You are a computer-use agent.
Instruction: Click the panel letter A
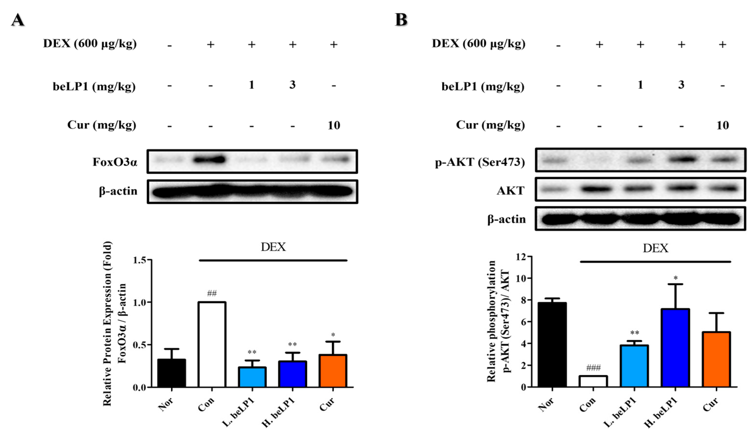[18, 20]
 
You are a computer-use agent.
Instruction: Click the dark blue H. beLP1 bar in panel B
[675, 348]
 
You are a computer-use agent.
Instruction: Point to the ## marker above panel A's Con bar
[212, 293]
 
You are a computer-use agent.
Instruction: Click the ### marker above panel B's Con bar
[593, 368]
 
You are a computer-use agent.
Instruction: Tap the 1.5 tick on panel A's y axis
[139, 260]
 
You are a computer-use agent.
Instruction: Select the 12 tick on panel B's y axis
[521, 257]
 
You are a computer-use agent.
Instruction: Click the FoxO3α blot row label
[115, 162]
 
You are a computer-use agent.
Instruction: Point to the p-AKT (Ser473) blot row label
[480, 162]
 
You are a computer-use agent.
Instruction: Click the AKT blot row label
[510, 191]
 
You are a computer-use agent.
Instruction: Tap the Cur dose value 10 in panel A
[334, 125]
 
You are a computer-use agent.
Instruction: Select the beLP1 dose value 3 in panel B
[681, 85]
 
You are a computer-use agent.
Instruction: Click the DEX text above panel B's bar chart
[655, 248]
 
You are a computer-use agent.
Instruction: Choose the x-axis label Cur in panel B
[710, 404]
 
